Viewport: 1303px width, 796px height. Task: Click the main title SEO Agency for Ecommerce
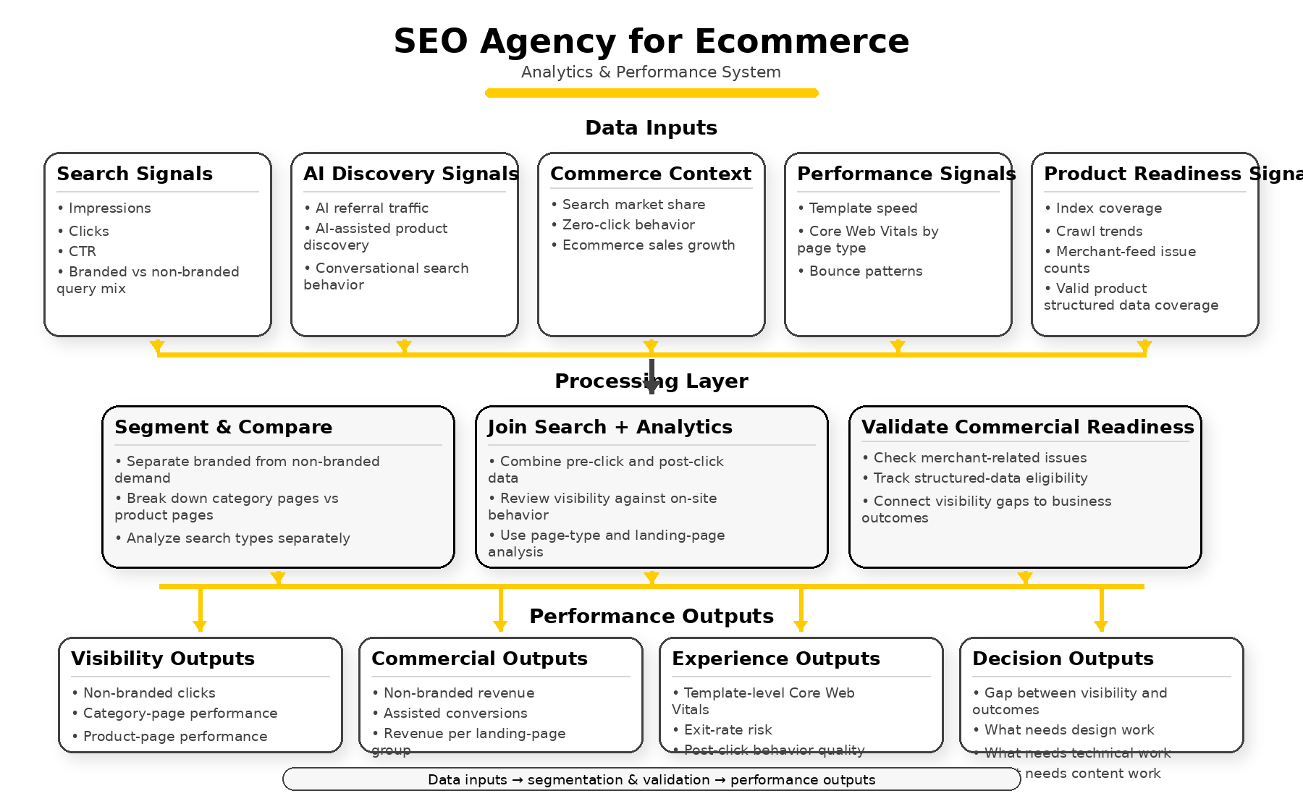pyautogui.click(x=651, y=41)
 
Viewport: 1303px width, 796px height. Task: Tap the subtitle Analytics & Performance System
pyautogui.click(x=651, y=72)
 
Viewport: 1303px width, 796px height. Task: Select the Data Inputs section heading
pyautogui.click(x=651, y=128)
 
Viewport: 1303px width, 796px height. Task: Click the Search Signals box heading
pyautogui.click(x=135, y=174)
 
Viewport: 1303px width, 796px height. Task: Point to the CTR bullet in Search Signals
pyautogui.click(x=82, y=252)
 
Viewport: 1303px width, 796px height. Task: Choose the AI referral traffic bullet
pyautogui.click(x=371, y=208)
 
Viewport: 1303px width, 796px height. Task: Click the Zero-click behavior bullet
pyautogui.click(x=628, y=225)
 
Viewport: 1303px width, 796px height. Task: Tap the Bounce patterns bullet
pyautogui.click(x=865, y=271)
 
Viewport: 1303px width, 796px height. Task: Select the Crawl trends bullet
pyautogui.click(x=1098, y=232)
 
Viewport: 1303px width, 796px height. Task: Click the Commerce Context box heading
pyautogui.click(x=651, y=174)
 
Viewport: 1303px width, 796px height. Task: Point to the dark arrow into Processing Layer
pyautogui.click(x=651, y=377)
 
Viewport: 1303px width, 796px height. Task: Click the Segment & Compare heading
pyautogui.click(x=223, y=428)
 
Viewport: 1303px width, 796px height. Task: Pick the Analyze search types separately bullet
pyautogui.click(x=237, y=538)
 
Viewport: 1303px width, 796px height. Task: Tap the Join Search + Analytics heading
pyautogui.click(x=610, y=428)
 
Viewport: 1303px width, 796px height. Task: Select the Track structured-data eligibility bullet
pyautogui.click(x=979, y=478)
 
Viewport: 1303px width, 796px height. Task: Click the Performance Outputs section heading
pyautogui.click(x=651, y=617)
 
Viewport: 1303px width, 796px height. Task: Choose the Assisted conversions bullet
pyautogui.click(x=455, y=714)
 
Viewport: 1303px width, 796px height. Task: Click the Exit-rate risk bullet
pyautogui.click(x=728, y=730)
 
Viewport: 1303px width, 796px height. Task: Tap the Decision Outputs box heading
pyautogui.click(x=1063, y=659)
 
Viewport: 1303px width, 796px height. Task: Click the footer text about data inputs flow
pyautogui.click(x=651, y=780)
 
